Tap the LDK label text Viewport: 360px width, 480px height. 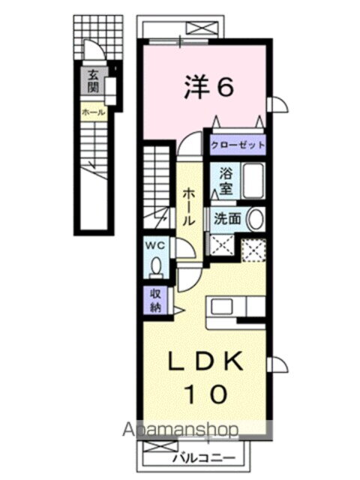point(207,364)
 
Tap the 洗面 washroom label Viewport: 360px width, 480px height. point(226,219)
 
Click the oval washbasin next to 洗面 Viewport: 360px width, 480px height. point(255,220)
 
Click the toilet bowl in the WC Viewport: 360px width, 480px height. point(156,268)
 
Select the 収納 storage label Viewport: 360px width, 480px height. point(155,301)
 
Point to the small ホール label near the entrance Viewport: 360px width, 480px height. point(93,112)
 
